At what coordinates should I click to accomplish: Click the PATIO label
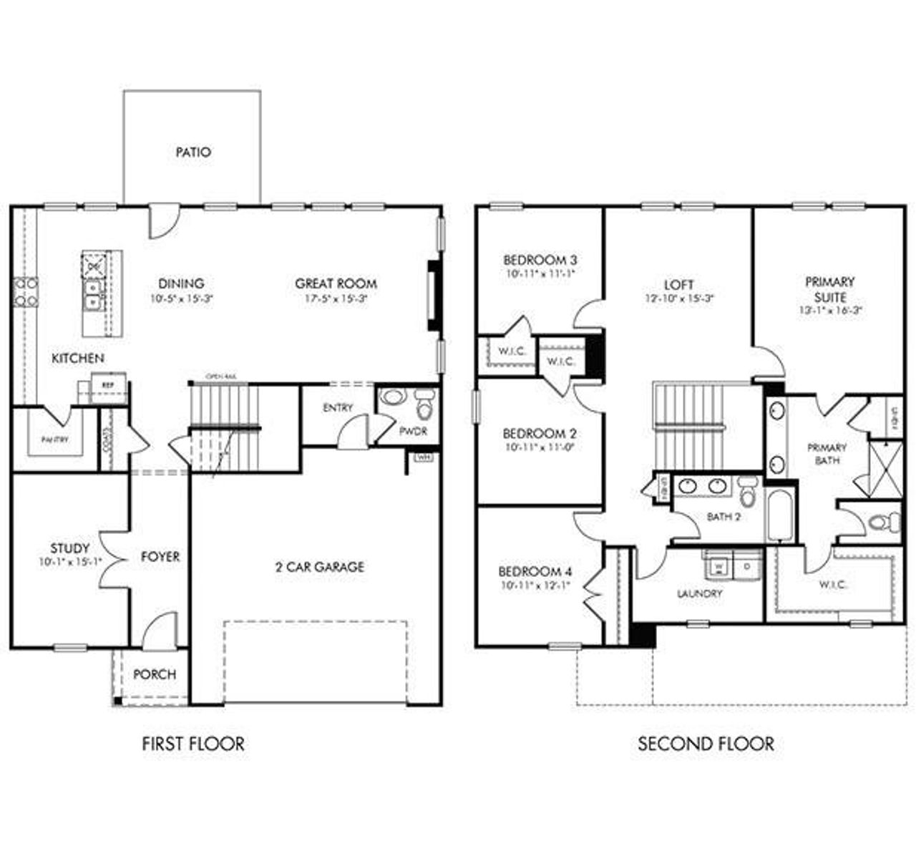pos(193,152)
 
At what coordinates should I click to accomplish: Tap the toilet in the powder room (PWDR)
pos(425,406)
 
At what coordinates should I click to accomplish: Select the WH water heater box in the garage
pos(423,457)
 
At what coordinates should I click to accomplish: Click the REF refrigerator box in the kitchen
pos(108,385)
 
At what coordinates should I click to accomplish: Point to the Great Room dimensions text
pos(336,299)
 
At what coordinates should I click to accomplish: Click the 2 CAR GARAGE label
pos(320,567)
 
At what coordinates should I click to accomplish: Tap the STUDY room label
pos(70,549)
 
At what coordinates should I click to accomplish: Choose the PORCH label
pos(155,674)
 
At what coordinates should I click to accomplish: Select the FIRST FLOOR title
pos(193,744)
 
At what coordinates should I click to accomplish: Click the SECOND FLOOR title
pos(706,744)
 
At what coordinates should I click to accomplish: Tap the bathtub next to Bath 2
pos(778,516)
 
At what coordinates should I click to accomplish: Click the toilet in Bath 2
pos(748,491)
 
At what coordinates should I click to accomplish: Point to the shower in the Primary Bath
pos(885,470)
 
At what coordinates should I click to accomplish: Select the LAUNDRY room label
pos(699,593)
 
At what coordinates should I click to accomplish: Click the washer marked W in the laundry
pos(718,566)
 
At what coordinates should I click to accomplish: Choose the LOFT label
pos(678,284)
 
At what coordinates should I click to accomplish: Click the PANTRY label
pos(55,440)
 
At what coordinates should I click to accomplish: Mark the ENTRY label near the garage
pos(338,408)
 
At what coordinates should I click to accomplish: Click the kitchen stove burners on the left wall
pos(24,292)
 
